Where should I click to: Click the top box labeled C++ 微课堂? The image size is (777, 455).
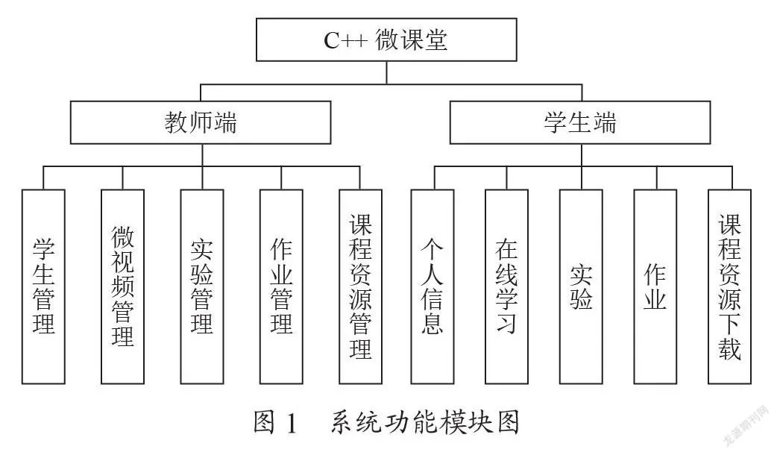tap(386, 40)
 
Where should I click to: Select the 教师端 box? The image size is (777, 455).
tap(201, 122)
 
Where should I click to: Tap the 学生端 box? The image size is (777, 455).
tap(580, 122)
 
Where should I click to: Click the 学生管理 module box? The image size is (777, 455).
tap(43, 286)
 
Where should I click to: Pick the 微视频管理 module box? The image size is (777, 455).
tap(123, 286)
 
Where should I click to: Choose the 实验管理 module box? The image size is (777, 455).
tap(202, 286)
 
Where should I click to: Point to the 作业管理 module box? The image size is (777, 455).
tap(281, 286)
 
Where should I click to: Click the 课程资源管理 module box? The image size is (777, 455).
tap(361, 286)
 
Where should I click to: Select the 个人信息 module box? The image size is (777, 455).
tap(432, 286)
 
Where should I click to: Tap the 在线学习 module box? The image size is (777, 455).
tap(506, 286)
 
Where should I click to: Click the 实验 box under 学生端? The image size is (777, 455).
tap(582, 286)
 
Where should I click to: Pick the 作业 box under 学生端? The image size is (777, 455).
tap(655, 286)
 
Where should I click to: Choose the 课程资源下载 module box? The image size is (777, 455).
tap(730, 286)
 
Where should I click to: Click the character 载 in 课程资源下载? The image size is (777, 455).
tap(730, 349)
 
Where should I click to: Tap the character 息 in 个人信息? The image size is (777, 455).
tap(432, 323)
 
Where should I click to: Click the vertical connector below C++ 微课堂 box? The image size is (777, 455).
tap(386, 73)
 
